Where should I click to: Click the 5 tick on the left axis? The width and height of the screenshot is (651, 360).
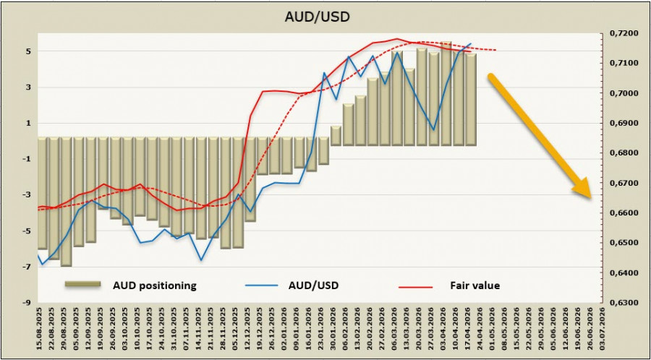(27, 52)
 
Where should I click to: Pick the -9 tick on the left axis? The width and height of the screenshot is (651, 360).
(25, 303)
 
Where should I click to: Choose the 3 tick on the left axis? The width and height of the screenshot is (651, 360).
(27, 88)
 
